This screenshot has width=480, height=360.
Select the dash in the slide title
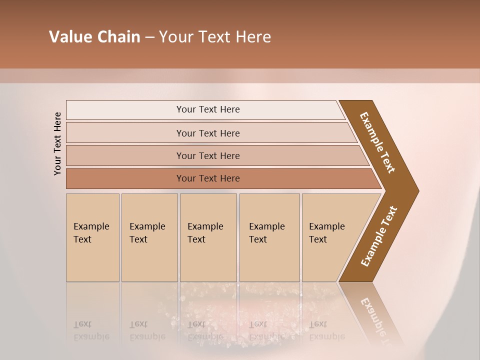pyautogui.click(x=149, y=37)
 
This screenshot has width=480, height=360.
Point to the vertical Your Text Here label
pyautogui.click(x=57, y=143)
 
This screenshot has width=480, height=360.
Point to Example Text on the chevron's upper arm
pyautogui.click(x=377, y=142)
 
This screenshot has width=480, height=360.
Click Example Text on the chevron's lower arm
pyautogui.click(x=379, y=236)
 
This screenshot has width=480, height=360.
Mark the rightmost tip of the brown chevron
pyautogui.click(x=417, y=191)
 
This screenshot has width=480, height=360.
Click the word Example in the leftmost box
pyautogui.click(x=91, y=226)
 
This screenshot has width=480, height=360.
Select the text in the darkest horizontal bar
pyautogui.click(x=208, y=178)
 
